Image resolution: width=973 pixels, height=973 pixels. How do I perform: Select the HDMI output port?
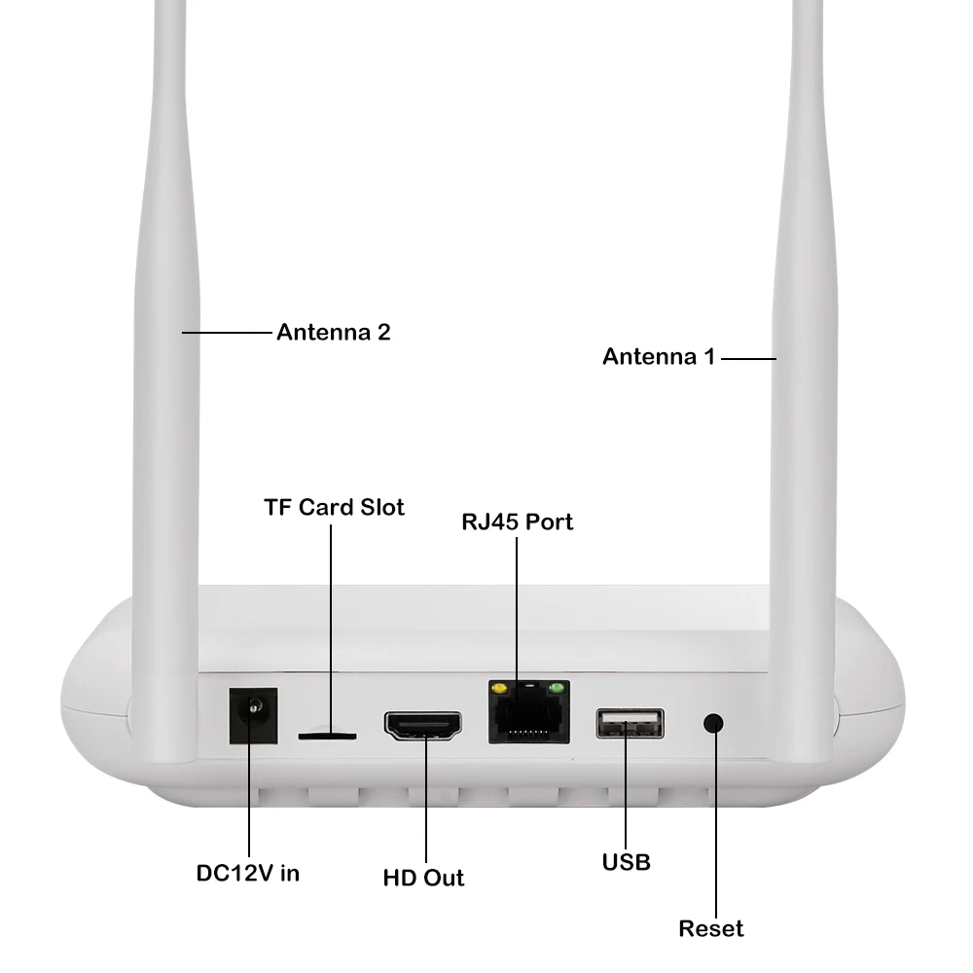coord(423,726)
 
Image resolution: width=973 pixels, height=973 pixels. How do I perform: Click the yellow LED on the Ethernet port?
coord(501,690)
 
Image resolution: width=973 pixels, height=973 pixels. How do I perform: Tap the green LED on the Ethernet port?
coord(557,690)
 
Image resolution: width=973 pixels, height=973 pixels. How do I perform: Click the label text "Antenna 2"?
coord(333,332)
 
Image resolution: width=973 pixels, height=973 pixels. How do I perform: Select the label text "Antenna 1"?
coord(659,357)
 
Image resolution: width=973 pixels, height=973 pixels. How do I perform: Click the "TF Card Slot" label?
coord(334,507)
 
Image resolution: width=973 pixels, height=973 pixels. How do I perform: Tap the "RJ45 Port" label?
coord(517,522)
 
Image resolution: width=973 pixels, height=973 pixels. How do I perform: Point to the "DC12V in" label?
coord(248,873)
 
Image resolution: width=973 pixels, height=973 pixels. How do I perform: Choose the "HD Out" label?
coord(423,878)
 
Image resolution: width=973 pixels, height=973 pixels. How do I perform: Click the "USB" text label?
coord(626,861)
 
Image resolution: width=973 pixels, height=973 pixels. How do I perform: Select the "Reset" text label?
coord(710,928)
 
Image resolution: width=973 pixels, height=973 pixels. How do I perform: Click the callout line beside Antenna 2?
coord(226,333)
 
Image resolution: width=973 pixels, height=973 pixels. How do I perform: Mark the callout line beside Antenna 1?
coord(747,358)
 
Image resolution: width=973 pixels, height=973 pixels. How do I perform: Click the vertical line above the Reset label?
coord(715,827)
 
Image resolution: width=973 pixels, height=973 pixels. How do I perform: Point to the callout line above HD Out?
coord(426,808)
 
